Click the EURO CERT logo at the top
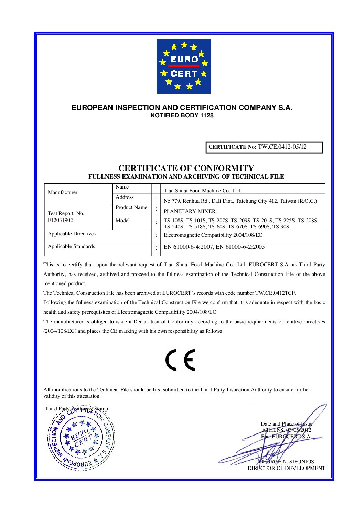point(184,66)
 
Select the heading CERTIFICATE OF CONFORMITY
point(186,168)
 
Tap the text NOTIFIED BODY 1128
point(182,116)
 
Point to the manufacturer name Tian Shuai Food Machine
point(203,191)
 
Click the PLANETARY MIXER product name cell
point(190,211)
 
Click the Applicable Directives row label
point(72,234)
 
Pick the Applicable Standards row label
point(71,247)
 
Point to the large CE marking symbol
point(180,360)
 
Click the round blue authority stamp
point(82,439)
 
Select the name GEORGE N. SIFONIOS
point(286,462)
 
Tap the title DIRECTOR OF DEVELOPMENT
point(286,468)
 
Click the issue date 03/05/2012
point(299,430)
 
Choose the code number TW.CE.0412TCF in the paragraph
point(275,293)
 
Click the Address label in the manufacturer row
point(125,197)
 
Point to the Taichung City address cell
point(240,201)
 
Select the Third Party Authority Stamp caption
point(76,409)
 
